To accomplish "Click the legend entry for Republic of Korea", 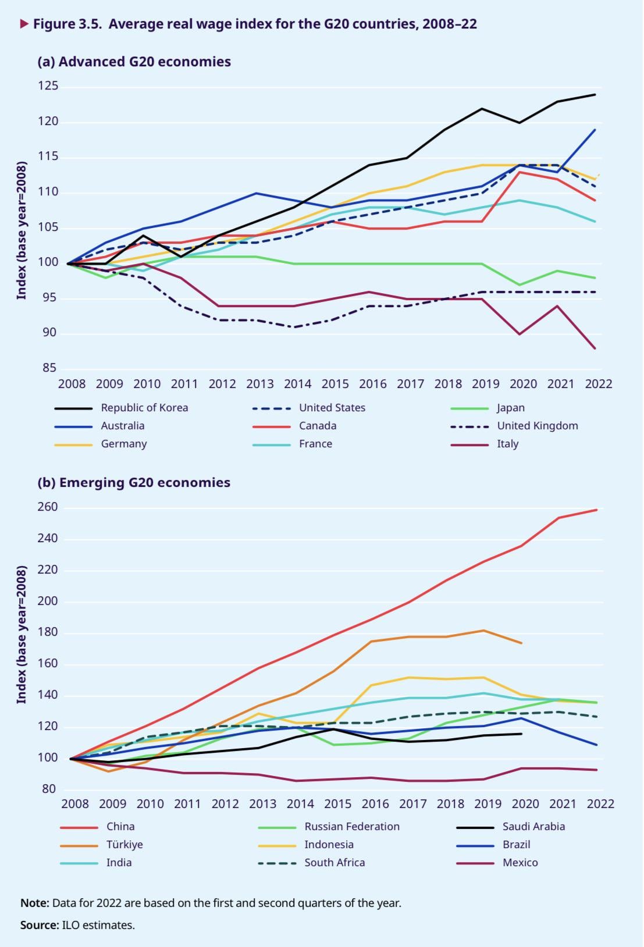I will (x=144, y=408).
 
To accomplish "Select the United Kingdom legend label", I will (x=537, y=426).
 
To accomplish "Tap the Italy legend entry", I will (x=507, y=444).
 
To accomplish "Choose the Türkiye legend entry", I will (x=124, y=845).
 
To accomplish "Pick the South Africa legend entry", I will (x=335, y=863).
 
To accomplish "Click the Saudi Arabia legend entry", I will (x=533, y=827).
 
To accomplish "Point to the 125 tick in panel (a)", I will (x=49, y=86).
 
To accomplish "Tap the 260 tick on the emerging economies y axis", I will (x=48, y=507).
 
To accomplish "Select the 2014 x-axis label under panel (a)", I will (x=297, y=384).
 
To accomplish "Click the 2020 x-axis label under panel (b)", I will (x=525, y=804).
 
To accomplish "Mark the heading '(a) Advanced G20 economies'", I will (x=134, y=62).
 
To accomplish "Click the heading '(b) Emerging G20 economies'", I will (x=134, y=483).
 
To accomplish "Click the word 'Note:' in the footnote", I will (x=35, y=903).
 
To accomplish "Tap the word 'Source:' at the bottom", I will (x=40, y=925).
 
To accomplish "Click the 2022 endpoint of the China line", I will (x=596, y=510).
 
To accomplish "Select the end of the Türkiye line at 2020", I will (x=522, y=643).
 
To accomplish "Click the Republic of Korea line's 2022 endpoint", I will (x=595, y=94).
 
